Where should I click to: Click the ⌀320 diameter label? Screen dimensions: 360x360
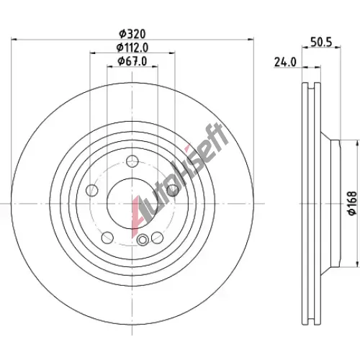pos(132,34)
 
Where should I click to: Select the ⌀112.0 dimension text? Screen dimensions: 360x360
pos(132,48)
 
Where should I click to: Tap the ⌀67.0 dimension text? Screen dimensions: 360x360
pos(132,61)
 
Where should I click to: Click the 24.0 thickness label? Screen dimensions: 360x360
pos(285,63)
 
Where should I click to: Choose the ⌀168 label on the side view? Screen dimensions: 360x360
pos(352,203)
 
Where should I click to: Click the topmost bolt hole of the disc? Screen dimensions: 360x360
pos(132,161)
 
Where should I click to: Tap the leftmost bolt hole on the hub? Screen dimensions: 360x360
pos(92,191)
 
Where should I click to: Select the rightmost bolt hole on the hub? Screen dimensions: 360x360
pos(173,191)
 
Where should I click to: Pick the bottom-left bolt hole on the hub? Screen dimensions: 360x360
pos(107,238)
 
